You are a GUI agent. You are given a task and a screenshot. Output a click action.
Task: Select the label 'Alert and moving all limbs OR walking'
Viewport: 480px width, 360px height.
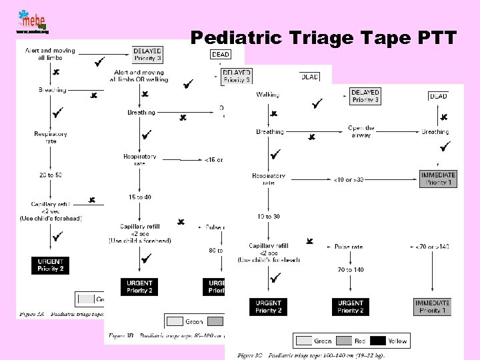[x=141, y=76]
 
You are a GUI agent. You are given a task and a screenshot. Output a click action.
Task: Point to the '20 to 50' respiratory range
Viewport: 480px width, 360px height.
[x=51, y=175]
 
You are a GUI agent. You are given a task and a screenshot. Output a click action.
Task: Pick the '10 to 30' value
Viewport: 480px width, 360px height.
[x=268, y=217]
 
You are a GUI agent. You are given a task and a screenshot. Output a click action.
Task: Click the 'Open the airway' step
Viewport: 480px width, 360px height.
[x=361, y=131]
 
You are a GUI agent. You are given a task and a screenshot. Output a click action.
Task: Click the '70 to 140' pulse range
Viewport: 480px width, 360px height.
[x=351, y=270]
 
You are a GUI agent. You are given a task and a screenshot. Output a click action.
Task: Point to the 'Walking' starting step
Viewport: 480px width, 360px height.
[x=267, y=95]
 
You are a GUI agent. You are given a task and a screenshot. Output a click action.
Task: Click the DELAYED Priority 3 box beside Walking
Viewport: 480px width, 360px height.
[x=365, y=96]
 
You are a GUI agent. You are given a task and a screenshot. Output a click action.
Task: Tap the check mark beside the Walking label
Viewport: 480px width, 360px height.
[x=317, y=103]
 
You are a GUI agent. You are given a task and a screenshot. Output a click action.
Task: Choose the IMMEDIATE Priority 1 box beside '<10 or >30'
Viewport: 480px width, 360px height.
[x=438, y=179]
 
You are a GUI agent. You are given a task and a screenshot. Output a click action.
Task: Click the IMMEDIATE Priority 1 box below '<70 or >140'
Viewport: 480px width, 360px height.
[x=431, y=307]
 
